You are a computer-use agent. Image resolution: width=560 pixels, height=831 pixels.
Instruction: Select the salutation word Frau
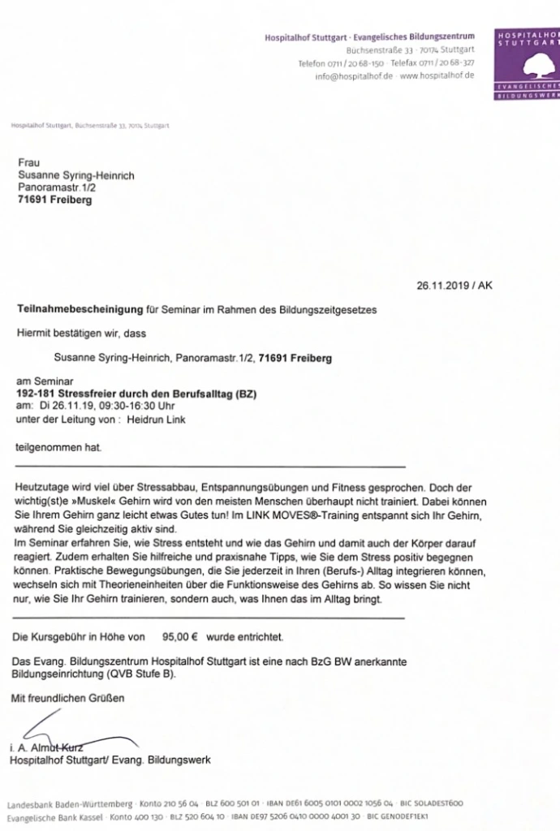point(28,163)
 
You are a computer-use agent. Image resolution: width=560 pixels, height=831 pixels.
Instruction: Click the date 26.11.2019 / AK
point(454,286)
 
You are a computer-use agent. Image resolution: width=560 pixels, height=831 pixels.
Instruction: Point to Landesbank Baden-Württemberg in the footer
point(70,804)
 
